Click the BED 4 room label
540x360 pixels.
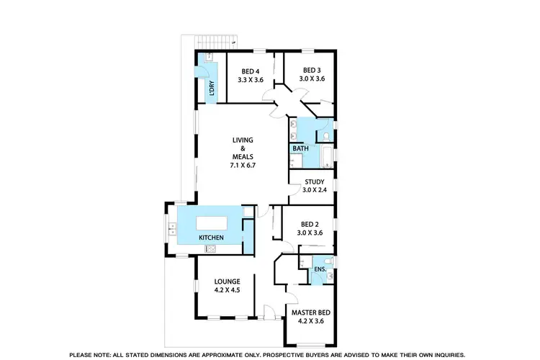[251, 71]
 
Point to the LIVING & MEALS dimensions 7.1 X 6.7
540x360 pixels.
[243, 165]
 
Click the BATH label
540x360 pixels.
[300, 149]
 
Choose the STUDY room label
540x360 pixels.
[314, 182]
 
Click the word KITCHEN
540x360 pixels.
[211, 238]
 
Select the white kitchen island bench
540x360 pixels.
[211, 220]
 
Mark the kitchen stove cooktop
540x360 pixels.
[210, 249]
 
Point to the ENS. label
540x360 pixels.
[319, 271]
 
